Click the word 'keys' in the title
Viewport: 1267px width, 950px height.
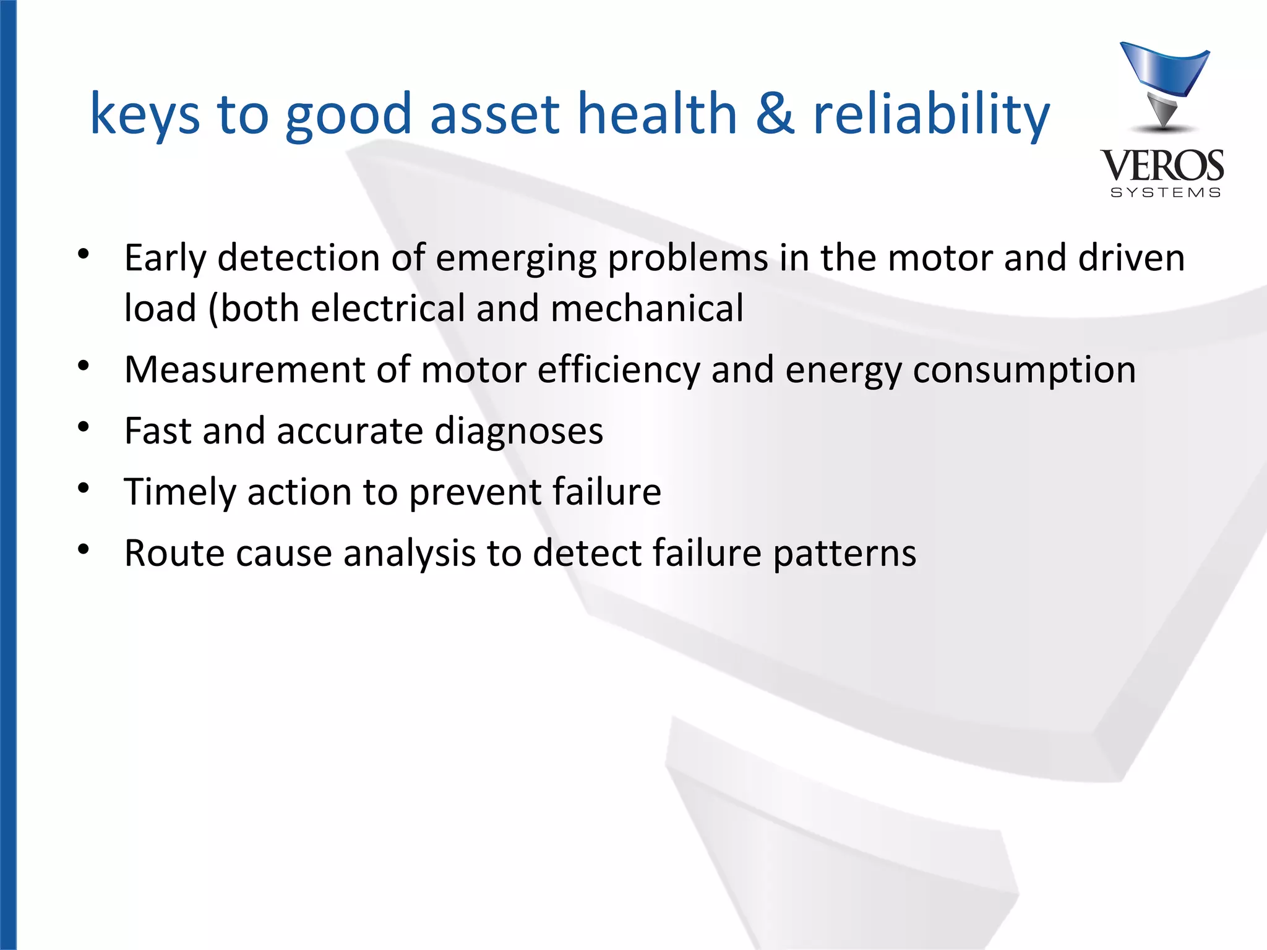pos(145,114)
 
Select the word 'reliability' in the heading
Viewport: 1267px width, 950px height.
pos(931,114)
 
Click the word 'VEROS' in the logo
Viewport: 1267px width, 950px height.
pos(1162,166)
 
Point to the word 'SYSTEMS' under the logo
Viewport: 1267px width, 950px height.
pos(1166,193)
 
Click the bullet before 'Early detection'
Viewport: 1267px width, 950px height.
pos(84,254)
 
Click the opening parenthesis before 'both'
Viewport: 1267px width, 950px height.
pos(213,309)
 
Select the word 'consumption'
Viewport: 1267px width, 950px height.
pos(1024,370)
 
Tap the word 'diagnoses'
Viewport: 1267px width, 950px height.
pos(518,431)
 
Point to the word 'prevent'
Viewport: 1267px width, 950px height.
pos(475,492)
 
